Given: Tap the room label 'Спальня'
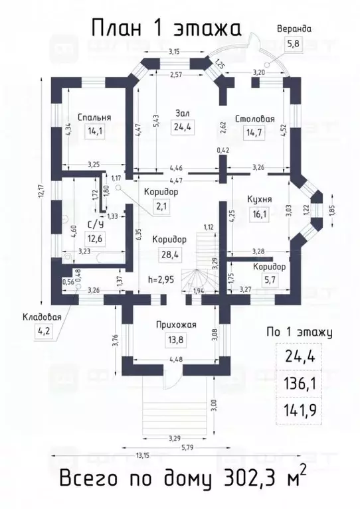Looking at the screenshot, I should pos(94,117).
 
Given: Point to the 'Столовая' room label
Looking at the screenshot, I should pos(256,119).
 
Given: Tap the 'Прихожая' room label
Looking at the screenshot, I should pos(176,325).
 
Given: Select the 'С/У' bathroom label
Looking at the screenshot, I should pos(94,225).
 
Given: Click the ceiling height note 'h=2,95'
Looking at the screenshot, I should pos(161,279).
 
